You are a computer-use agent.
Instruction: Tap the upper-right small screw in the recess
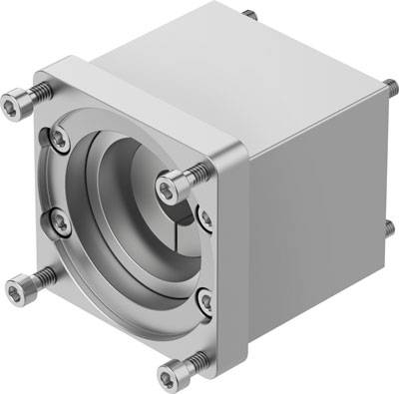click(x=205, y=213)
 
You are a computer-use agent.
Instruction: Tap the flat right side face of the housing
click(x=309, y=199)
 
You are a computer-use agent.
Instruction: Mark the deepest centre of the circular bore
click(x=150, y=199)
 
